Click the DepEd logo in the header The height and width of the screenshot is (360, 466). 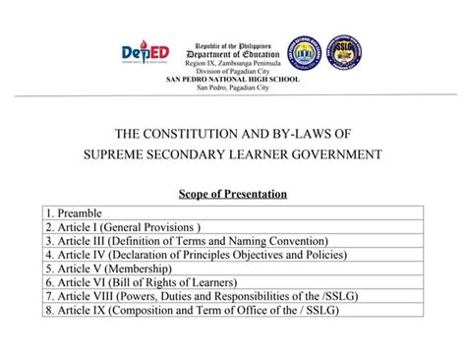pos(145,53)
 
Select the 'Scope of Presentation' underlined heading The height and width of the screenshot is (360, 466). pos(233,194)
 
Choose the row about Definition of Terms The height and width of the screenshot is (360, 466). pos(187,240)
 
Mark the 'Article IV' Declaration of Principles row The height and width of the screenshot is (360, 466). pos(197,254)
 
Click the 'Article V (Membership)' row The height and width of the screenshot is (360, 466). pos(108,268)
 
